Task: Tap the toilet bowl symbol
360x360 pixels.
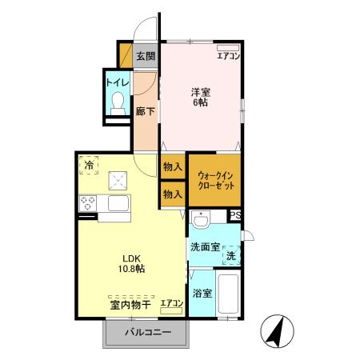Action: click(118, 102)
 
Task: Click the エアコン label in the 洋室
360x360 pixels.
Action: click(228, 55)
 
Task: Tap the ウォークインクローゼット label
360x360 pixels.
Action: click(214, 180)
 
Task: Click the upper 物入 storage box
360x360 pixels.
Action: click(171, 167)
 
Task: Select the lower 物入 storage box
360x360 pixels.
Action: click(171, 194)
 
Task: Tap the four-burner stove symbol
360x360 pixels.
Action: click(87, 204)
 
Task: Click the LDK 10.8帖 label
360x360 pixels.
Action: click(133, 263)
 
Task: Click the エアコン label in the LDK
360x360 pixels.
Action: click(171, 303)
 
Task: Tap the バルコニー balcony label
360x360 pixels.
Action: click(146, 333)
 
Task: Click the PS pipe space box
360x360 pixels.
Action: click(235, 215)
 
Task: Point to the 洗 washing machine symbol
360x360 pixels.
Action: click(230, 257)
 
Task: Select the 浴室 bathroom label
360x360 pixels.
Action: click(202, 294)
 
